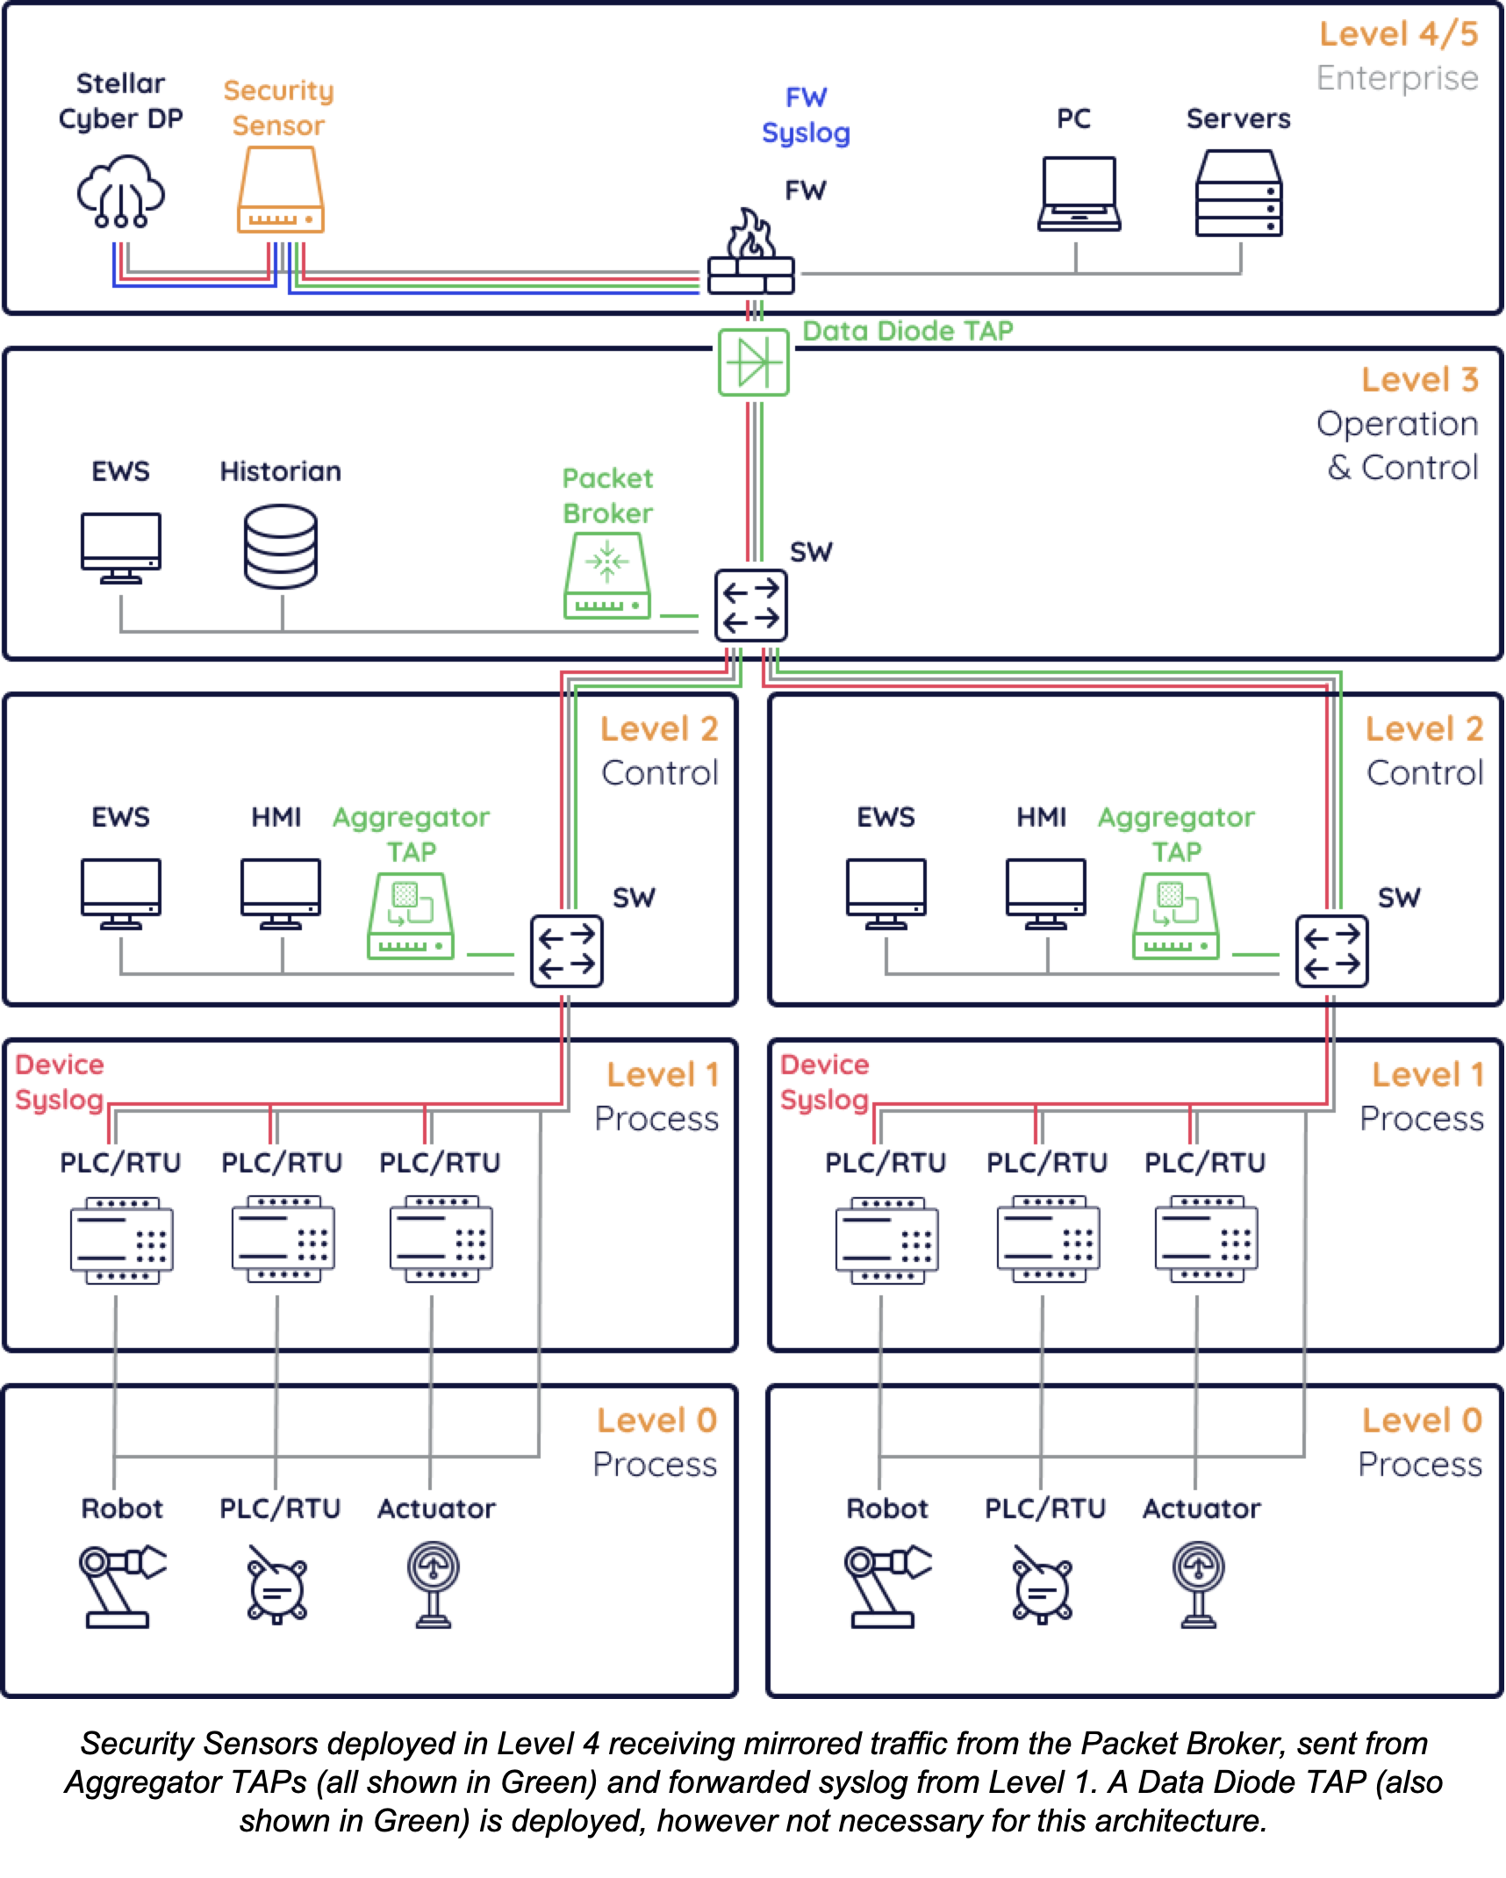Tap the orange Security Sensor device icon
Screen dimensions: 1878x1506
pyautogui.click(x=280, y=190)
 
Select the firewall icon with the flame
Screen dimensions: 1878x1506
pyautogui.click(x=750, y=254)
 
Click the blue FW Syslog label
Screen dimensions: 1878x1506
pyautogui.click(x=806, y=115)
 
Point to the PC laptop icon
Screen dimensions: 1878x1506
pyautogui.click(x=1079, y=194)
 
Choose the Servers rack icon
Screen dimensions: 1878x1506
pyautogui.click(x=1238, y=193)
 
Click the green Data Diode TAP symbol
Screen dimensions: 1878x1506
pyautogui.click(x=753, y=362)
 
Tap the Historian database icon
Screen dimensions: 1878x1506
pyautogui.click(x=281, y=546)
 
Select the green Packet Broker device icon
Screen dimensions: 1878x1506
pyautogui.click(x=606, y=576)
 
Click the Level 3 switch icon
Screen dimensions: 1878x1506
pyautogui.click(x=750, y=606)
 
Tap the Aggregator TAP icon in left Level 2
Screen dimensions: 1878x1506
pyautogui.click(x=410, y=915)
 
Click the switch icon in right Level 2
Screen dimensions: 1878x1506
pyautogui.click(x=1331, y=951)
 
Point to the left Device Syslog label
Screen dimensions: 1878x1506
pyautogui.click(x=60, y=1082)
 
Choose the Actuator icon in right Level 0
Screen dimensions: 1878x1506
pyautogui.click(x=1199, y=1585)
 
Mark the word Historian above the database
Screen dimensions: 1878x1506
pyautogui.click(x=280, y=472)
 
